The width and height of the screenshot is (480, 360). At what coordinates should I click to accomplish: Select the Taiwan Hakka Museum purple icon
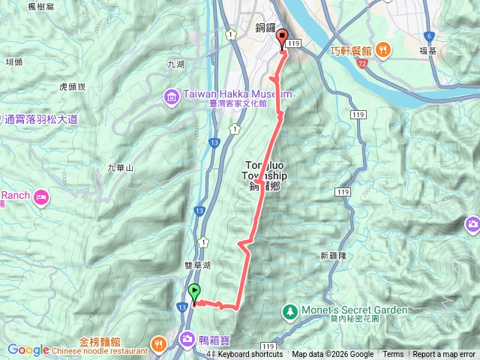click(172, 97)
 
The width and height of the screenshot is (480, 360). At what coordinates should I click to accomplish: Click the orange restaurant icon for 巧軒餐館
click(382, 51)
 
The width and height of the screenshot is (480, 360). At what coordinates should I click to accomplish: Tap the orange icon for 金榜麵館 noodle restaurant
click(159, 343)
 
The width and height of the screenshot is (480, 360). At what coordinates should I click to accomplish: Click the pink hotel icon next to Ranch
click(41, 197)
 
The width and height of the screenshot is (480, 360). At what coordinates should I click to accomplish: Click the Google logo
click(28, 350)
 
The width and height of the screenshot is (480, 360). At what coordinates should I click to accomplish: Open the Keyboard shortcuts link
click(250, 355)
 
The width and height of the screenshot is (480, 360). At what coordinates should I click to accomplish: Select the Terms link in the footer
click(393, 355)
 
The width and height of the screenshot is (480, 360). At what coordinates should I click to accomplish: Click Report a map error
click(444, 355)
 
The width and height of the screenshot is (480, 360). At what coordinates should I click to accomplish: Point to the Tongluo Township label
click(265, 170)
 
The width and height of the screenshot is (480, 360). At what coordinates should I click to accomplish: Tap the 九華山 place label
click(120, 167)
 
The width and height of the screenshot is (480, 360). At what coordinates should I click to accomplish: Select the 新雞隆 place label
click(332, 255)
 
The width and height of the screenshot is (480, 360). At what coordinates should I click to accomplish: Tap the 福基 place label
click(429, 51)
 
